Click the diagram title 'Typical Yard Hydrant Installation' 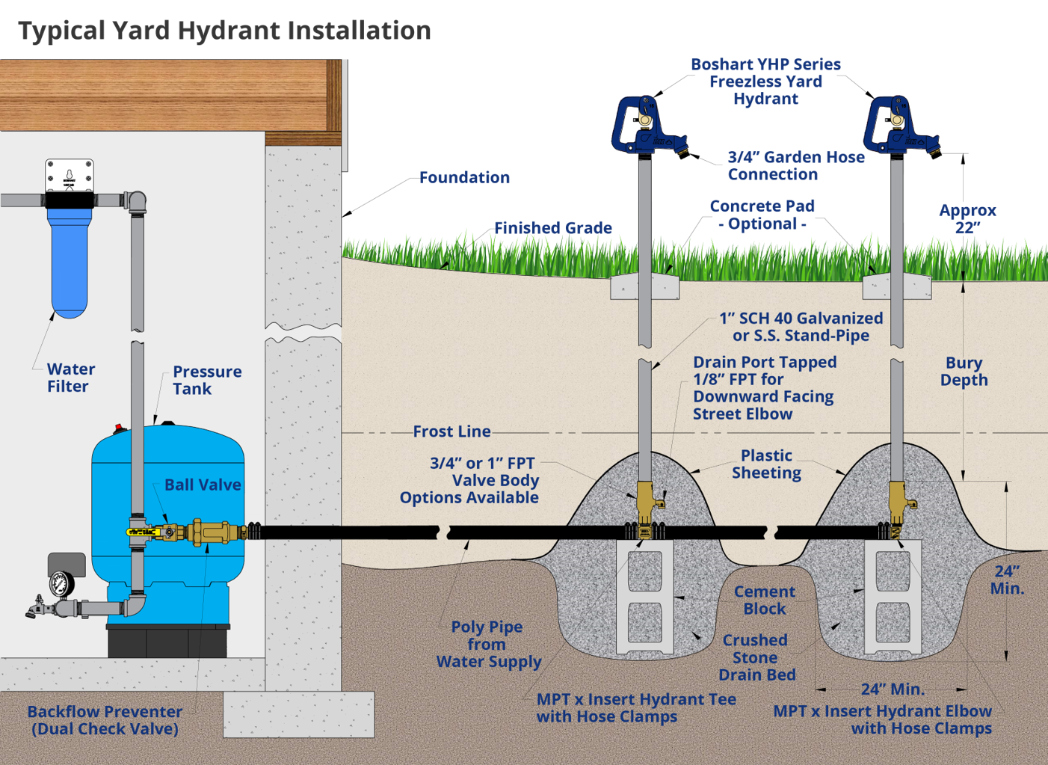point(224,31)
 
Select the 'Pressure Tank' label point(206,380)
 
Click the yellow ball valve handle point(144,532)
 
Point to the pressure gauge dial point(61,584)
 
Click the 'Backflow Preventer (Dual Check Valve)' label point(105,720)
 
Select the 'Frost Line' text point(451,431)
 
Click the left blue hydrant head point(643,124)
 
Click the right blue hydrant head point(896,124)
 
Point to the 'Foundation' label point(464,177)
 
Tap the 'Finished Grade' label point(552,227)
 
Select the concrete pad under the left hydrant point(644,287)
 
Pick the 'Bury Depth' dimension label point(964,371)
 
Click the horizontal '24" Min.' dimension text point(892,689)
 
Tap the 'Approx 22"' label point(967,218)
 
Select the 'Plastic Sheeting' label point(766,464)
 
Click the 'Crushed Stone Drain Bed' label point(756,657)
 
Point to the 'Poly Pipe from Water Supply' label point(488,644)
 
